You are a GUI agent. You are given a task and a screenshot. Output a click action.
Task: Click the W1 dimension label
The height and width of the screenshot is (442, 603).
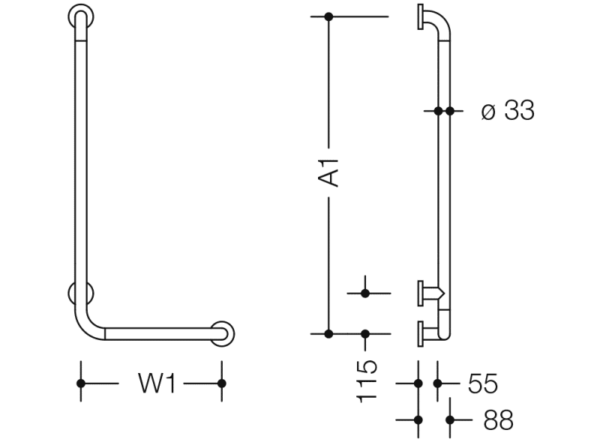157,384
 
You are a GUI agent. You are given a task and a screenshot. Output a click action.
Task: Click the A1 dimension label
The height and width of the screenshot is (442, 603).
330,171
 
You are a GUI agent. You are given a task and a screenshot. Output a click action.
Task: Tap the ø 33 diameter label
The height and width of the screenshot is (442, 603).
508,111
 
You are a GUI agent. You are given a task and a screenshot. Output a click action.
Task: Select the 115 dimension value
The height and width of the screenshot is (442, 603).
366,380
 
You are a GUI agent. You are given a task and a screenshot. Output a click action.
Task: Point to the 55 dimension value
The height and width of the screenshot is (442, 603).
482,384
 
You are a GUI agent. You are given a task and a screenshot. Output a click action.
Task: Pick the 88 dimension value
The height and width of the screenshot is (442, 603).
498,420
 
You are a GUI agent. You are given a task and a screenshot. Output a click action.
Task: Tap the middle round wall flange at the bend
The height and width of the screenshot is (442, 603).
80,294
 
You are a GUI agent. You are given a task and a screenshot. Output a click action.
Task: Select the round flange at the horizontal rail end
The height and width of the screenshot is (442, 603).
221,334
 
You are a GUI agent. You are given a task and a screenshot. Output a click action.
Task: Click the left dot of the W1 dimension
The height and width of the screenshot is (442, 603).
81,384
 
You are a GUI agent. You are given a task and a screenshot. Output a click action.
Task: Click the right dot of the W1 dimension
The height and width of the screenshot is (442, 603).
221,384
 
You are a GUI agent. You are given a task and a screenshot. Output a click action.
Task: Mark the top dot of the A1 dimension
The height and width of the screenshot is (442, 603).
328,16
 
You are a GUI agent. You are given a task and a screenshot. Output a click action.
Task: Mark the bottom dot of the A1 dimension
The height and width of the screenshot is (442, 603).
328,333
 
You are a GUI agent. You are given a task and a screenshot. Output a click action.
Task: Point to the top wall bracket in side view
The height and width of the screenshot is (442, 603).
422,18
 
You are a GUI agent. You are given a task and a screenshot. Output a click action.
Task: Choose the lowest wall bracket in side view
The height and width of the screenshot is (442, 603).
422,333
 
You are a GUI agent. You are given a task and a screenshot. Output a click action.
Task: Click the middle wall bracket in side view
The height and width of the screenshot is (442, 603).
424,293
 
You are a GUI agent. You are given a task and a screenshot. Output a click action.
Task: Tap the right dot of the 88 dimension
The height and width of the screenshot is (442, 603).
450,420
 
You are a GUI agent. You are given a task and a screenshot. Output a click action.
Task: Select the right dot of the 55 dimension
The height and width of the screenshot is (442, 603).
437,384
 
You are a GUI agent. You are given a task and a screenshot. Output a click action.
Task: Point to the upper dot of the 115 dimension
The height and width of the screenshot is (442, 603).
365,293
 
